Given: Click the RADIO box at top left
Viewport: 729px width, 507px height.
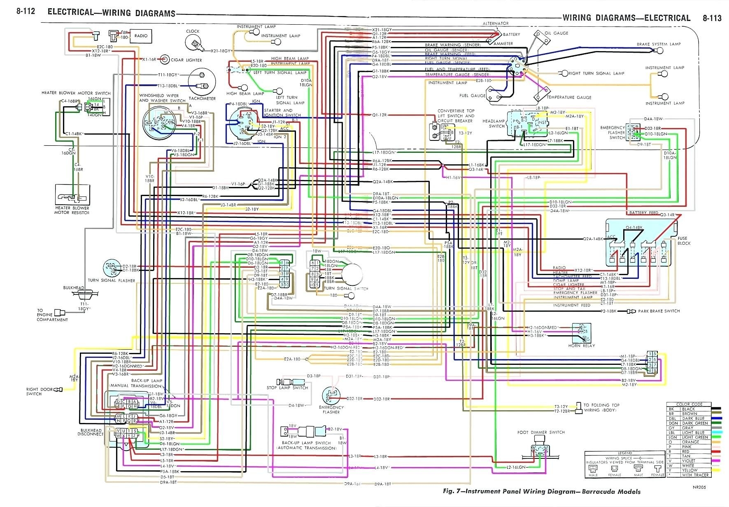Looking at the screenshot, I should pos(140,36).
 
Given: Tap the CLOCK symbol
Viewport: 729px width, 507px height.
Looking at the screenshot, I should pos(193,42).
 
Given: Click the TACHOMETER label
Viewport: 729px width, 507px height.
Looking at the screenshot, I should pos(202,99).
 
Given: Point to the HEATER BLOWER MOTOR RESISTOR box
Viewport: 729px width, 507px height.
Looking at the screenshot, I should pos(72,194).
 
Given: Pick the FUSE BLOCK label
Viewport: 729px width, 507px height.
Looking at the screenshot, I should pos(684,241).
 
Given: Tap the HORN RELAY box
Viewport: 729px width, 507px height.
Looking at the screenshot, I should pos(581,333).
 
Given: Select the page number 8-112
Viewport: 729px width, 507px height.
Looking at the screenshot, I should pos(26,12).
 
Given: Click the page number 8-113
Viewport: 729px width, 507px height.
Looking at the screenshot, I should pos(712,18).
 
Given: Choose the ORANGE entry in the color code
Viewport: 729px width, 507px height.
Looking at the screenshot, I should pos(690,442).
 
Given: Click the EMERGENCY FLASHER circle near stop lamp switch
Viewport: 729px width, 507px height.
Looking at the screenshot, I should pos(331,396).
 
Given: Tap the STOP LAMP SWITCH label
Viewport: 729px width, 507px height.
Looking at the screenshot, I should pos(287,388).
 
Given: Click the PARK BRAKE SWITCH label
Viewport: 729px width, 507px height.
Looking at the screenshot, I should pos(659,311).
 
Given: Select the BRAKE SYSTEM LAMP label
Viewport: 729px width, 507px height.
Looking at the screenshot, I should pos(659,44).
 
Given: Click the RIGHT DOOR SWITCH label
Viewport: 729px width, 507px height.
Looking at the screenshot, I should pos(40,391).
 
